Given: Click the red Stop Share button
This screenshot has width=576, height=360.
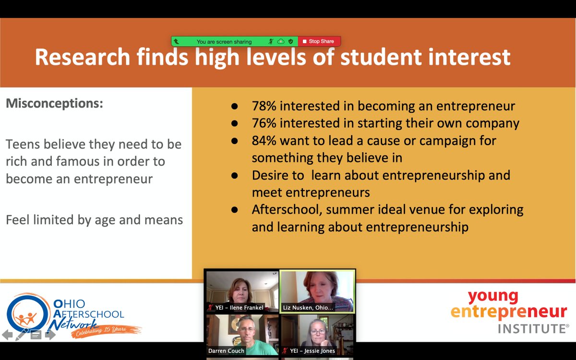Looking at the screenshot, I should click(319, 42).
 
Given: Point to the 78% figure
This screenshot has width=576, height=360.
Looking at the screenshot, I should click(264, 106).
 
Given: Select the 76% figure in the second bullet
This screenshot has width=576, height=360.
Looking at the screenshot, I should click(264, 123).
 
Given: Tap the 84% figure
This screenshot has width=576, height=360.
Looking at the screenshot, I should click(264, 141).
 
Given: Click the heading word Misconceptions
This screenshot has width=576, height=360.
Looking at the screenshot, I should click(54, 103).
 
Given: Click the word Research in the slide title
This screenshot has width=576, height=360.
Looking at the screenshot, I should click(82, 58).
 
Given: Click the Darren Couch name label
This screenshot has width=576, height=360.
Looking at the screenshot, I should click(226, 351).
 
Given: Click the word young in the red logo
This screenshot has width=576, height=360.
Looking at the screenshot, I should click(493, 296).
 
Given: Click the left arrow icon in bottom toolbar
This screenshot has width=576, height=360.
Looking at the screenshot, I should click(7, 335).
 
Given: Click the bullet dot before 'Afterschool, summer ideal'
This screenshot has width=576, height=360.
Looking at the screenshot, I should click(234, 210).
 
